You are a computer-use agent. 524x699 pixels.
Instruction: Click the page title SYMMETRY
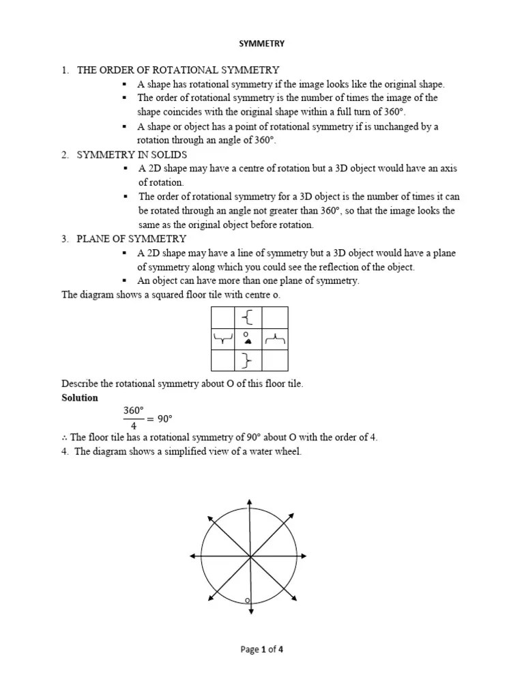tap(261, 44)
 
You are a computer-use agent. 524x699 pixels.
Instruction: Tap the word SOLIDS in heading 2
tap(166, 155)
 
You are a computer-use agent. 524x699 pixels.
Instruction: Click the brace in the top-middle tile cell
tap(248, 317)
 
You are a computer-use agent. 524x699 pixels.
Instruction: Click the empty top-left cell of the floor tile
tap(223, 317)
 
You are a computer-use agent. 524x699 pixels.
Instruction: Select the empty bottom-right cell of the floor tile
tap(275, 360)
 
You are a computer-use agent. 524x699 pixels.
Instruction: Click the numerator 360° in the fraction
tap(134, 410)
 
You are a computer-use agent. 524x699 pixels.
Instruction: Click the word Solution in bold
tap(80, 398)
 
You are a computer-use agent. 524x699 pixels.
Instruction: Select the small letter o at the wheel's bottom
tap(247, 601)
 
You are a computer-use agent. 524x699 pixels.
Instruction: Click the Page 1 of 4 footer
tap(261, 650)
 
